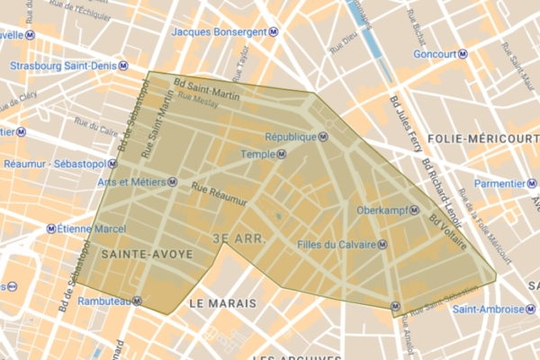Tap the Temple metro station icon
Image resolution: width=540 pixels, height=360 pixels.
[282, 154]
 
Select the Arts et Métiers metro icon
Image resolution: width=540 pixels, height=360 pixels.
[171, 181]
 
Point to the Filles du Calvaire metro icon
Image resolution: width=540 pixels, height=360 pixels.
[383, 244]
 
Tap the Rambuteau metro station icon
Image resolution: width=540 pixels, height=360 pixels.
[136, 301]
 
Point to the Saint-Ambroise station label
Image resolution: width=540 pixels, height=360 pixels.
[486, 308]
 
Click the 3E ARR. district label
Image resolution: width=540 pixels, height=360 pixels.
[238, 239]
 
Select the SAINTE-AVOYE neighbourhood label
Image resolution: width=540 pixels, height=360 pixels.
[148, 256]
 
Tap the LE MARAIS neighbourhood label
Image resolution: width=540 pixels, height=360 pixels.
[221, 304]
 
